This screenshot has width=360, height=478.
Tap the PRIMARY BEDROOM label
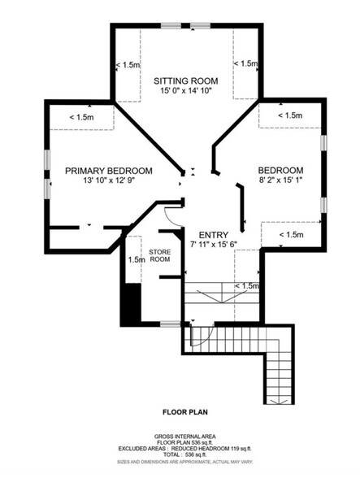[109, 171]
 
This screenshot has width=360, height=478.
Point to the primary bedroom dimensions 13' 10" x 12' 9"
[109, 182]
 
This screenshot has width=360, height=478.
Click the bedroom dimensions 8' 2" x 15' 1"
[280, 182]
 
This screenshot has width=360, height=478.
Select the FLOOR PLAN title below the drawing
[185, 411]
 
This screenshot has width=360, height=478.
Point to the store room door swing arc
[168, 215]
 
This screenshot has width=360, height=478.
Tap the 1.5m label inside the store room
[136, 260]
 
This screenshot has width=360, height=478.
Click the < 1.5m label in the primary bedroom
[82, 118]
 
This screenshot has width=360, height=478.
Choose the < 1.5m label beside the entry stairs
[246, 286]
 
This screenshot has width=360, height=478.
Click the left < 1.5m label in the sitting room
[128, 64]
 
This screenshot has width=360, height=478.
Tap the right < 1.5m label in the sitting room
[245, 63]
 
